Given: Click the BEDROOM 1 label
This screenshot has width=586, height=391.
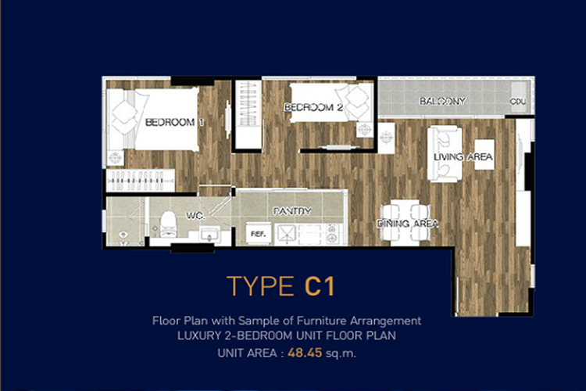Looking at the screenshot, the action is coord(174,122).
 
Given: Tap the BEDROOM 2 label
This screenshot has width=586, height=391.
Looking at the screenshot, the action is coord(313,107).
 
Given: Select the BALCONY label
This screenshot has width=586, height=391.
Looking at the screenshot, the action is coord(442,101).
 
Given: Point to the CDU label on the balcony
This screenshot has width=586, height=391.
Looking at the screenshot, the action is coord(518,102).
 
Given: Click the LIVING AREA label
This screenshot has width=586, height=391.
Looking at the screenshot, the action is coord(463,156).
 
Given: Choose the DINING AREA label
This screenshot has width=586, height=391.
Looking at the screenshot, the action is coord(407,224).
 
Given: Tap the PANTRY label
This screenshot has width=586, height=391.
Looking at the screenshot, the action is coord(292,211).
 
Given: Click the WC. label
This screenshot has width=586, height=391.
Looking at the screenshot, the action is coord(195,216).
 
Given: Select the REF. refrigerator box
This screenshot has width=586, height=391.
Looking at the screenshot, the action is coord(259,234).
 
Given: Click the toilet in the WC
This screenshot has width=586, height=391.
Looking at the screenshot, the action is coord(168,224).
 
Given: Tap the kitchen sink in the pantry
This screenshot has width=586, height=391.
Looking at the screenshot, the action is coord(286,234).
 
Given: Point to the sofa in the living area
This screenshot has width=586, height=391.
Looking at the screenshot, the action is coord(445,154).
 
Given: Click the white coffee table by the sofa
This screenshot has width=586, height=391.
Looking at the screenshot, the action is coord(484,155).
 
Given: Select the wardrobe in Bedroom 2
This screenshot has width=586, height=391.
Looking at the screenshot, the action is coord(248,114).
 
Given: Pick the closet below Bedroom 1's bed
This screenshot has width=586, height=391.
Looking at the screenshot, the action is coord(140,181).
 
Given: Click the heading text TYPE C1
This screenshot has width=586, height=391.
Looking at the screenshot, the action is coord(280,286).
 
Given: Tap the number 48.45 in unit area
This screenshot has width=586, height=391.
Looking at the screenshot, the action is coord(305,353).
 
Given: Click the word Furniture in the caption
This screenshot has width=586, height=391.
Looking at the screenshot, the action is coord(321,321).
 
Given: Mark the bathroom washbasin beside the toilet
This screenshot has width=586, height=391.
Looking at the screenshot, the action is coord(209,235).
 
